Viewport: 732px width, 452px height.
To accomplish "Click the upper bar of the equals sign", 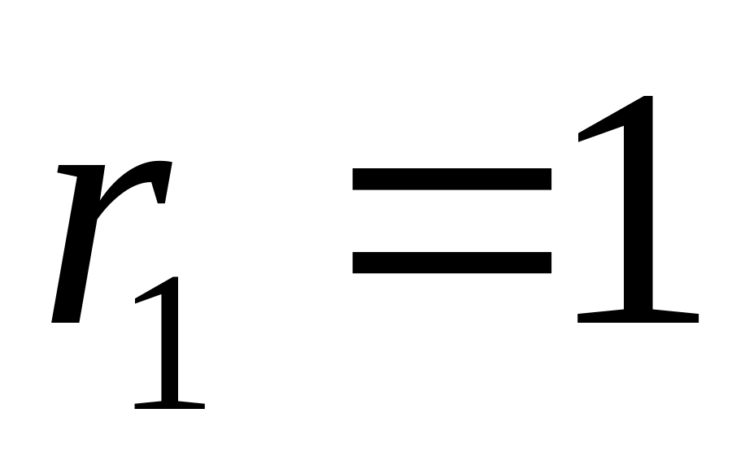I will coord(452,179).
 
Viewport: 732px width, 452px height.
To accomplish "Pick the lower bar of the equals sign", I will coord(452,262).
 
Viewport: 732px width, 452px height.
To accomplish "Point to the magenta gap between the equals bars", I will coord(452,220).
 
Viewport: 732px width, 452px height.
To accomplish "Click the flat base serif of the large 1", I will coord(638,316).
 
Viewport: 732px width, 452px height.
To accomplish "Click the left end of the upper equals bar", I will coord(358,179).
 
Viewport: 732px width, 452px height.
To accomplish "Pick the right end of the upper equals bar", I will coord(547,179).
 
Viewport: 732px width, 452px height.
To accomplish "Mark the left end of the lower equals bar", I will coord(358,262).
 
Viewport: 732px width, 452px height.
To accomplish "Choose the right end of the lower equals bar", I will coord(547,262).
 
